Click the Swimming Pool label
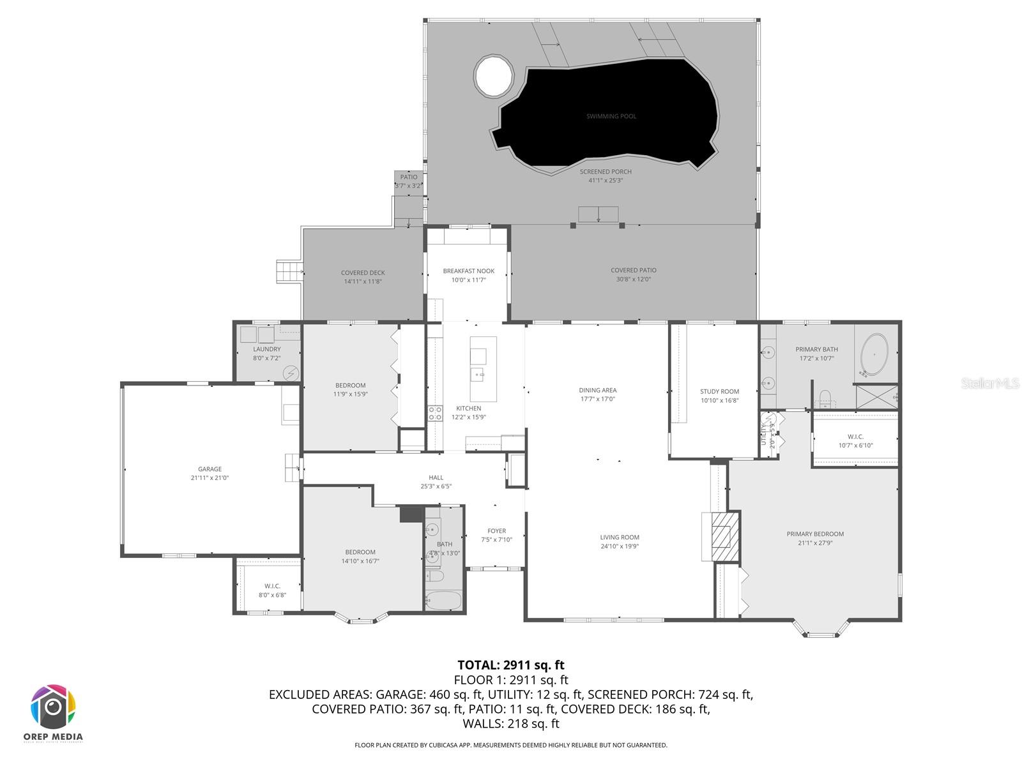coord(611,116)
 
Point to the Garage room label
coord(210,469)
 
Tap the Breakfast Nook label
coord(469,271)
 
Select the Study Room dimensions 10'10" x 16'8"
coord(719,401)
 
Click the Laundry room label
coord(266,349)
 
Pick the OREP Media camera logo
coord(54,707)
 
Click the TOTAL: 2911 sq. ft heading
coord(511,665)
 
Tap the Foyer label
coord(496,530)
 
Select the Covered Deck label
coord(363,273)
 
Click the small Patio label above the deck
coord(409,177)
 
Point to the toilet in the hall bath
coord(436,576)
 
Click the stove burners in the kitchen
coord(435,413)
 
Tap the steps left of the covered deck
coord(284,271)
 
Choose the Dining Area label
coord(598,390)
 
